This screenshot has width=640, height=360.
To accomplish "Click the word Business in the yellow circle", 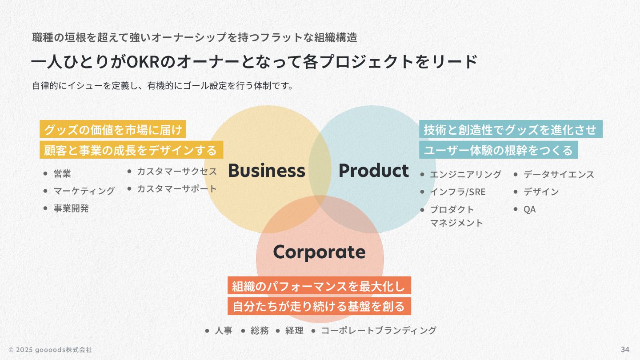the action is (267, 171).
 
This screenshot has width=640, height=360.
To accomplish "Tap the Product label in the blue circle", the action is (373, 171).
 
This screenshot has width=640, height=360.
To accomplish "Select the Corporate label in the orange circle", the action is (319, 252).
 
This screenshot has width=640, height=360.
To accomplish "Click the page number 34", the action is (625, 349).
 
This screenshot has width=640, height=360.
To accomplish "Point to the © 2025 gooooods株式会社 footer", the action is (50, 350).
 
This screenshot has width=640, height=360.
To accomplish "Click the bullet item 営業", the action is (62, 174).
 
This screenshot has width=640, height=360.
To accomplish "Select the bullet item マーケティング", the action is (84, 191).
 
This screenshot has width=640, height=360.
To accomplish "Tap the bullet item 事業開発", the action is (71, 208).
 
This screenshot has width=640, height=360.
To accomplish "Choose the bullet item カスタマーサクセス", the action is (176, 171).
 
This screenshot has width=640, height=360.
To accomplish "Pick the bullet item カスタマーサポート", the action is (176, 188).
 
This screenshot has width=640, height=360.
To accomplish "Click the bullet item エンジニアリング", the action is (465, 174).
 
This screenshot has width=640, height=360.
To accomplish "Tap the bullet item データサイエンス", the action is (559, 174).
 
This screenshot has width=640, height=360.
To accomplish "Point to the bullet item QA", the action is (529, 209).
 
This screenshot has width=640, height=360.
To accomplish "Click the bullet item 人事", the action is (224, 331).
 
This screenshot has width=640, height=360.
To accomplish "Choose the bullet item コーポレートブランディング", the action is (379, 331).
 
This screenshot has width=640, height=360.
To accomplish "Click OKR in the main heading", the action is (143, 62).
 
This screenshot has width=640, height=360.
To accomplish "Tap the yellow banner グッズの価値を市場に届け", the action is (113, 130).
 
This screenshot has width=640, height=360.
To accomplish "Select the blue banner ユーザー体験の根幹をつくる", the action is (498, 150).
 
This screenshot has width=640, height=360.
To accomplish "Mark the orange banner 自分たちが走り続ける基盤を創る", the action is (319, 306).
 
